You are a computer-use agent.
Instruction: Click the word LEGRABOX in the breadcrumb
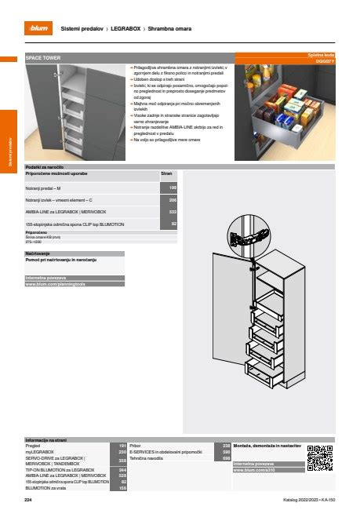(127, 28)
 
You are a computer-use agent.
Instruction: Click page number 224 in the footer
(28, 500)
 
